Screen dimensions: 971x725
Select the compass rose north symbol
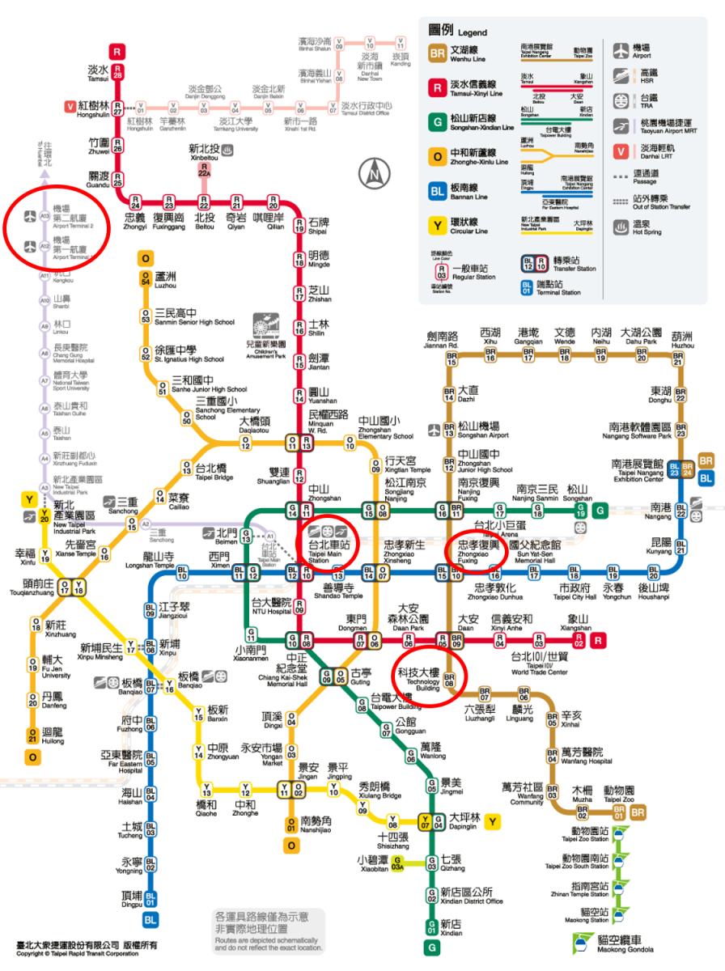[x=374, y=172]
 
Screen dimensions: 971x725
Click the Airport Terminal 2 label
[x=72, y=220]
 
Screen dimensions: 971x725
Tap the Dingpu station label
[x=131, y=898]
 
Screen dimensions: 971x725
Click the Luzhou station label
[x=165, y=280]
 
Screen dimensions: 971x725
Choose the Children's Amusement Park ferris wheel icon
[x=265, y=329]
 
